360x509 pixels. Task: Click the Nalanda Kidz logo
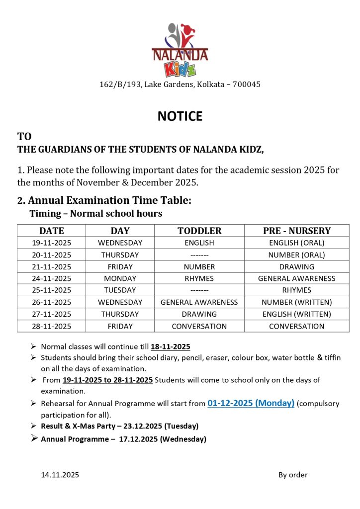tap(180, 50)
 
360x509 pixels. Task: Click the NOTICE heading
tap(180, 116)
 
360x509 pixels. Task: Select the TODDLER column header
tap(199, 231)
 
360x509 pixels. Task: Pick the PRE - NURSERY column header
tap(297, 231)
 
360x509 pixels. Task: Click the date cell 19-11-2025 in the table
tap(52, 243)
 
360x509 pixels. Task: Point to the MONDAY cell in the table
tap(120, 278)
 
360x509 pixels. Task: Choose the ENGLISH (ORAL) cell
tap(297, 243)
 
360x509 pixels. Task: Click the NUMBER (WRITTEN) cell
tap(297, 302)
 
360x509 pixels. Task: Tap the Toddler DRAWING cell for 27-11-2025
tap(199, 314)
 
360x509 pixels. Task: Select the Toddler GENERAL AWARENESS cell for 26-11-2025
tap(199, 302)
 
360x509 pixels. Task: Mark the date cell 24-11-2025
tap(52, 278)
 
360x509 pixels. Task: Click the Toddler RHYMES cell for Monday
tap(199, 278)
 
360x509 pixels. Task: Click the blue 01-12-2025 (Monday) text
tap(251, 403)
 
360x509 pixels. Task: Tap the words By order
tap(293, 475)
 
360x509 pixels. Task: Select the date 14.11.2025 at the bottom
tap(60, 475)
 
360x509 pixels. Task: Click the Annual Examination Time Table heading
tap(109, 201)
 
